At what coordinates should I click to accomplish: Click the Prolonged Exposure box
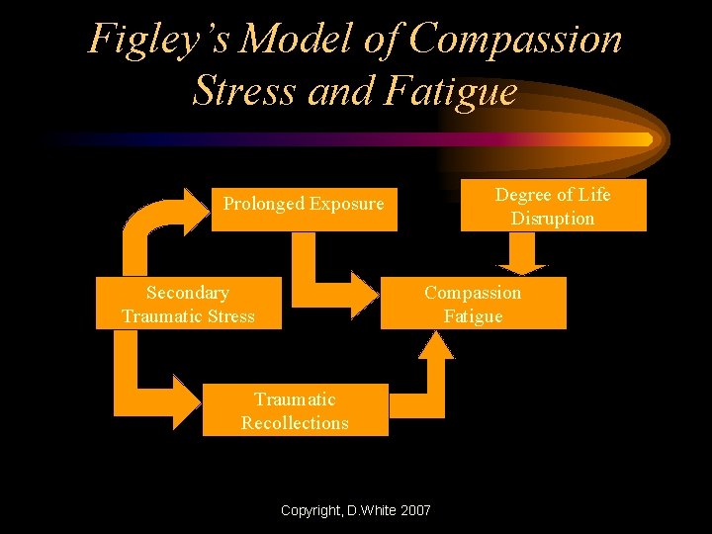click(x=304, y=208)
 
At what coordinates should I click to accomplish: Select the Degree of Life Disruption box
click(x=553, y=206)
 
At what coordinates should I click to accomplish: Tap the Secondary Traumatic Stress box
click(x=188, y=304)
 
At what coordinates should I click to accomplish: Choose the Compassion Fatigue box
click(x=473, y=304)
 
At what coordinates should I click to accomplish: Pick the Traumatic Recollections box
click(x=295, y=411)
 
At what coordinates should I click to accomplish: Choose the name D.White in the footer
click(x=367, y=511)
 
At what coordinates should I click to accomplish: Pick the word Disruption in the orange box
click(x=553, y=219)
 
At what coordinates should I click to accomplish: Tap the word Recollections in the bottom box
click(x=295, y=423)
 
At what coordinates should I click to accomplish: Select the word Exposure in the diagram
click(x=346, y=204)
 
